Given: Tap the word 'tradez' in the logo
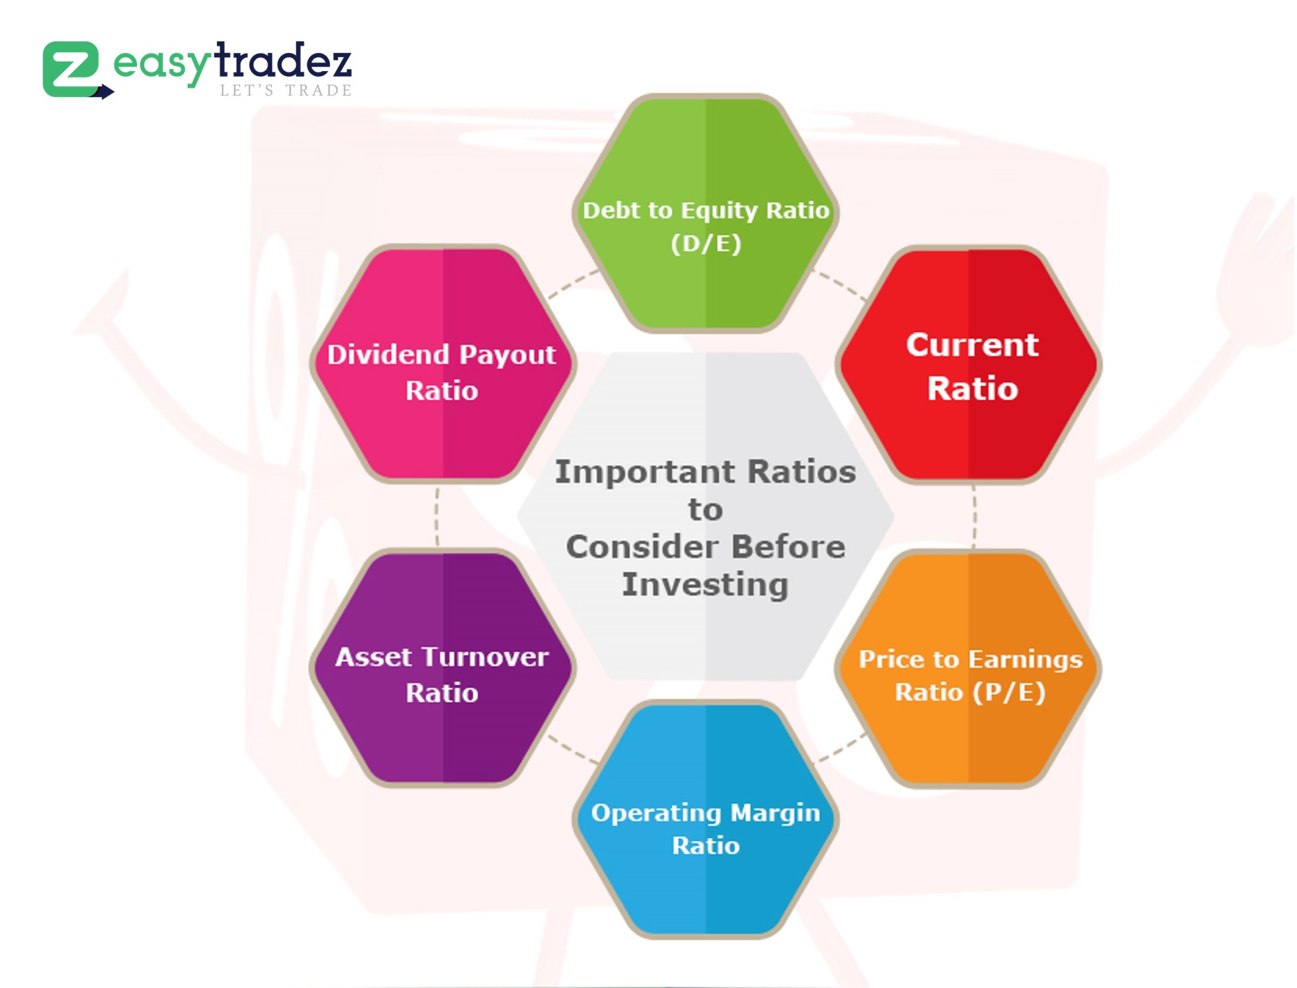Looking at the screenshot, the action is [x=283, y=60].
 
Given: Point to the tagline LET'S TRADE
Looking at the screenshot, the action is [x=286, y=91].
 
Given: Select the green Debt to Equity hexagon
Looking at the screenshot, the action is [x=705, y=213].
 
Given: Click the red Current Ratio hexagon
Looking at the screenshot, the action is [x=969, y=365].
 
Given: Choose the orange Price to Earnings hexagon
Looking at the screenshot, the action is [x=969, y=668].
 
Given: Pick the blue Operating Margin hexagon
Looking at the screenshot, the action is [x=705, y=819].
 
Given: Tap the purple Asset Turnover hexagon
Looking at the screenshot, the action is [x=442, y=668].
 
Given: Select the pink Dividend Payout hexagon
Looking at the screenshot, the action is [x=442, y=364].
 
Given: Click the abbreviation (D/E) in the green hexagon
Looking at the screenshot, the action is [x=706, y=244].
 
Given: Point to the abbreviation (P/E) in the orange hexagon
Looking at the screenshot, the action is [x=1009, y=692].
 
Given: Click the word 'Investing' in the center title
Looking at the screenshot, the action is [x=705, y=585].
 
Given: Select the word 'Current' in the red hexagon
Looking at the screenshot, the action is [x=972, y=345].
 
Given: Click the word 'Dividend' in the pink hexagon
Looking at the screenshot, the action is [x=388, y=355].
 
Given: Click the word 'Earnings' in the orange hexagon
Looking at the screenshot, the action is [x=1025, y=660].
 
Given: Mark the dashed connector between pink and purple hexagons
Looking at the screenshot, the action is [x=436, y=516].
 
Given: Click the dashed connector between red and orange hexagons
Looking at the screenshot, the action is [x=974, y=517].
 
